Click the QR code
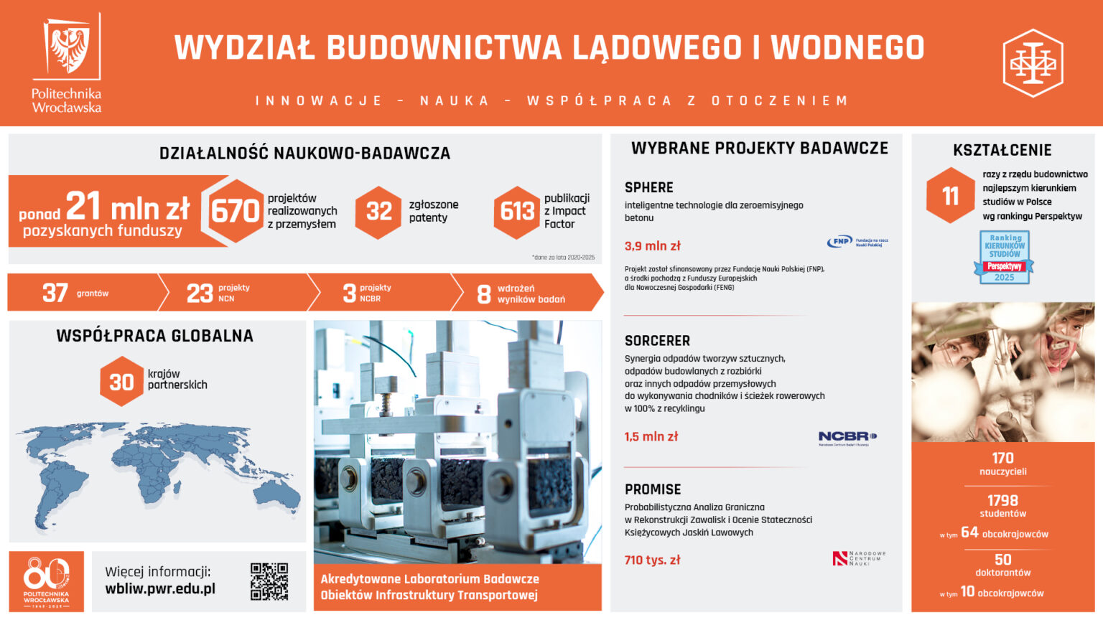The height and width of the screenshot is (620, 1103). click(x=269, y=581)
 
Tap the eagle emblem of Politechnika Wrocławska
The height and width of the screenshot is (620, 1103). click(x=69, y=48)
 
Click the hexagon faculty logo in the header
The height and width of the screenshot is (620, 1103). click(x=1033, y=63)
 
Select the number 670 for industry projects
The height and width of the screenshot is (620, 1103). click(x=235, y=211)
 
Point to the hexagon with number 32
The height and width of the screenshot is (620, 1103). click(x=378, y=211)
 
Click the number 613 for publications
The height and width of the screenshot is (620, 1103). click(x=517, y=211)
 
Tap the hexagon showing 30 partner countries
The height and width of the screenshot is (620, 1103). click(x=121, y=381)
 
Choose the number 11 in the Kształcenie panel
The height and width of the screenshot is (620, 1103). click(x=950, y=195)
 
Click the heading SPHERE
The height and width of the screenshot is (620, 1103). click(x=648, y=187)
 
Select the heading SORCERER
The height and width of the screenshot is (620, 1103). click(x=657, y=341)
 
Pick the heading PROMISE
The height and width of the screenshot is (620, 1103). click(x=653, y=489)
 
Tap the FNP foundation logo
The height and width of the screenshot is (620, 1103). click(x=857, y=243)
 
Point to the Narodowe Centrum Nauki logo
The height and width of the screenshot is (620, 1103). click(x=859, y=558)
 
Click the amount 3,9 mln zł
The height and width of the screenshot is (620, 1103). click(x=652, y=245)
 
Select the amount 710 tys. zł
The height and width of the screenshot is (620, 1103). click(x=652, y=560)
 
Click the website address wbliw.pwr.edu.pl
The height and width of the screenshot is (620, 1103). click(x=160, y=589)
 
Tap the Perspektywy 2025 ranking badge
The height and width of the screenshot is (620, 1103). click(x=1004, y=257)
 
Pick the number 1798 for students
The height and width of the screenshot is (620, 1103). click(x=1002, y=500)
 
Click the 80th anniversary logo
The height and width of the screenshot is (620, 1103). click(x=46, y=581)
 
